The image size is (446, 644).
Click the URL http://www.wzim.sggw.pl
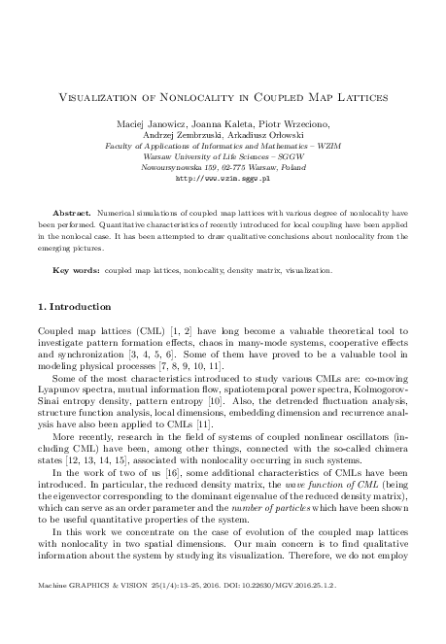(222, 178)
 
